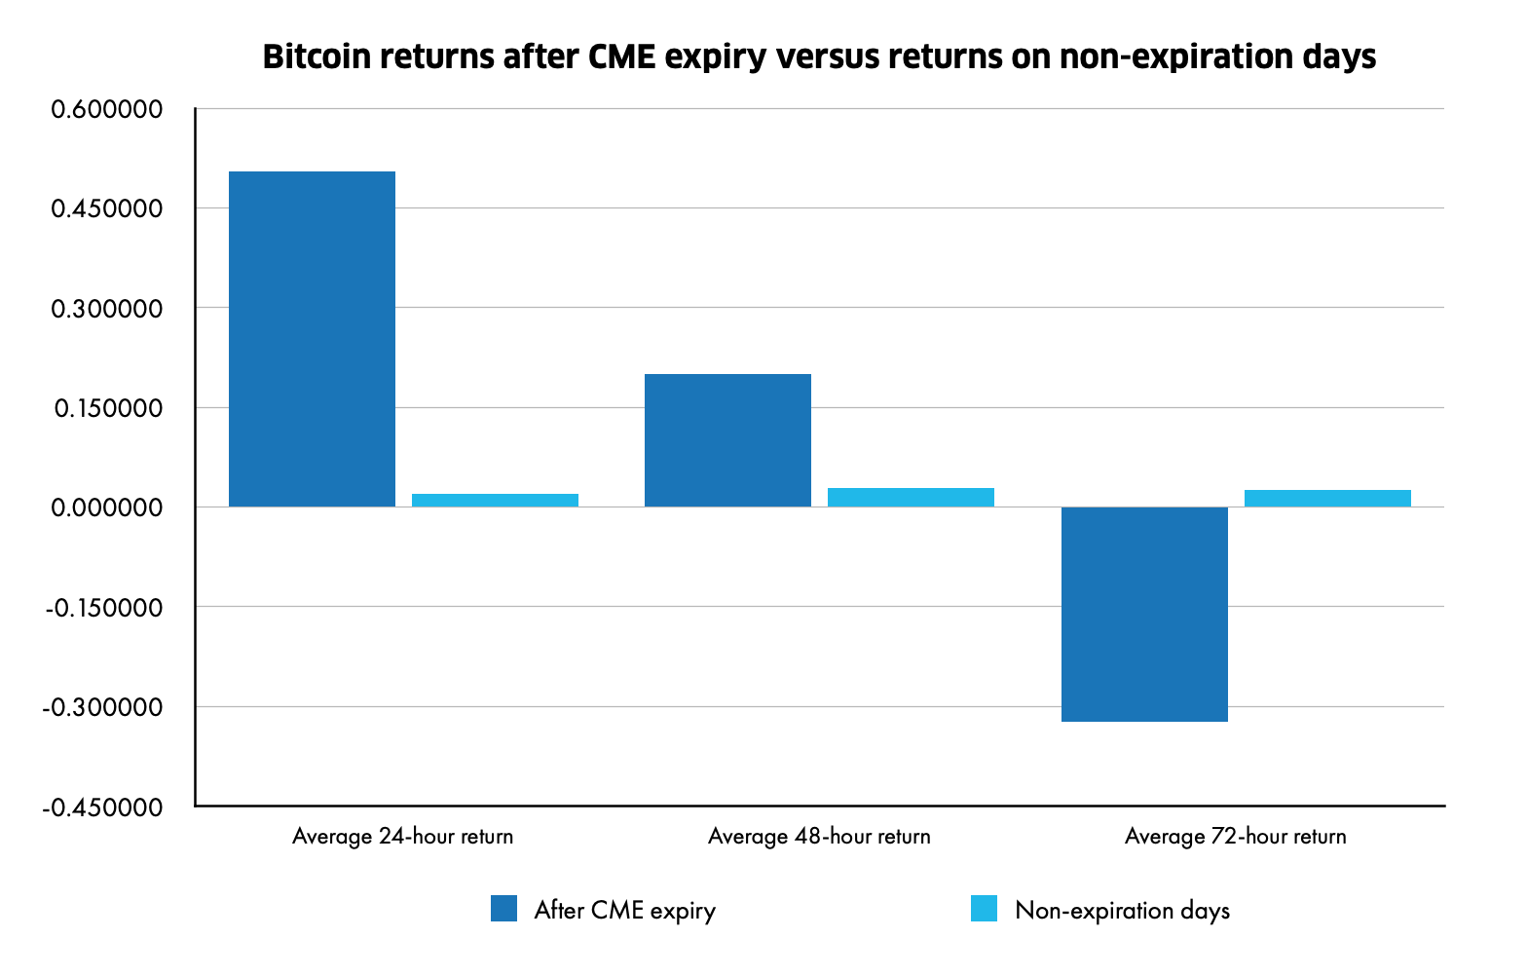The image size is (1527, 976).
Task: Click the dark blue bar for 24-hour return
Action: click(312, 339)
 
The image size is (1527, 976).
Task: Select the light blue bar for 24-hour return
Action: click(495, 500)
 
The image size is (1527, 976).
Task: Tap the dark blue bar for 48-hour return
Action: click(727, 440)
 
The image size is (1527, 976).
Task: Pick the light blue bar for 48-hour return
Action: click(911, 497)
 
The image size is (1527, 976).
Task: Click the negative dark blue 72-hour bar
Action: click(1144, 614)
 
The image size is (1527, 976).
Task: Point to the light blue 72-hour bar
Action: click(1327, 498)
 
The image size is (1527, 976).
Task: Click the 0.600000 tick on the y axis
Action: click(107, 109)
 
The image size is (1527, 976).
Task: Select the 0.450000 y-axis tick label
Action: click(107, 208)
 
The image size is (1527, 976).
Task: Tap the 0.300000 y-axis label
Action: click(107, 309)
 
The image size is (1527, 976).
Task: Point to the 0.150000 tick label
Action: click(107, 408)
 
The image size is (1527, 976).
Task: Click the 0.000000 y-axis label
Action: click(107, 507)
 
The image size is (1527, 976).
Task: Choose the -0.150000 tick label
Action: click(102, 608)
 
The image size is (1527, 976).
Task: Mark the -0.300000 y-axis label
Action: click(102, 707)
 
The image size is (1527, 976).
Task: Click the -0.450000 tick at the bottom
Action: click(102, 807)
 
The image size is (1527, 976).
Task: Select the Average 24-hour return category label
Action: click(402, 836)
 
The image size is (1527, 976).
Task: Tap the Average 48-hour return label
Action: click(819, 836)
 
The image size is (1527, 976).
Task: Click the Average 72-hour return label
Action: click(1235, 836)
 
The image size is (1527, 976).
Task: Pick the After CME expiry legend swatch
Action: click(504, 909)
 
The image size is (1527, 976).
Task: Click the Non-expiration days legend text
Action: click(1122, 911)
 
